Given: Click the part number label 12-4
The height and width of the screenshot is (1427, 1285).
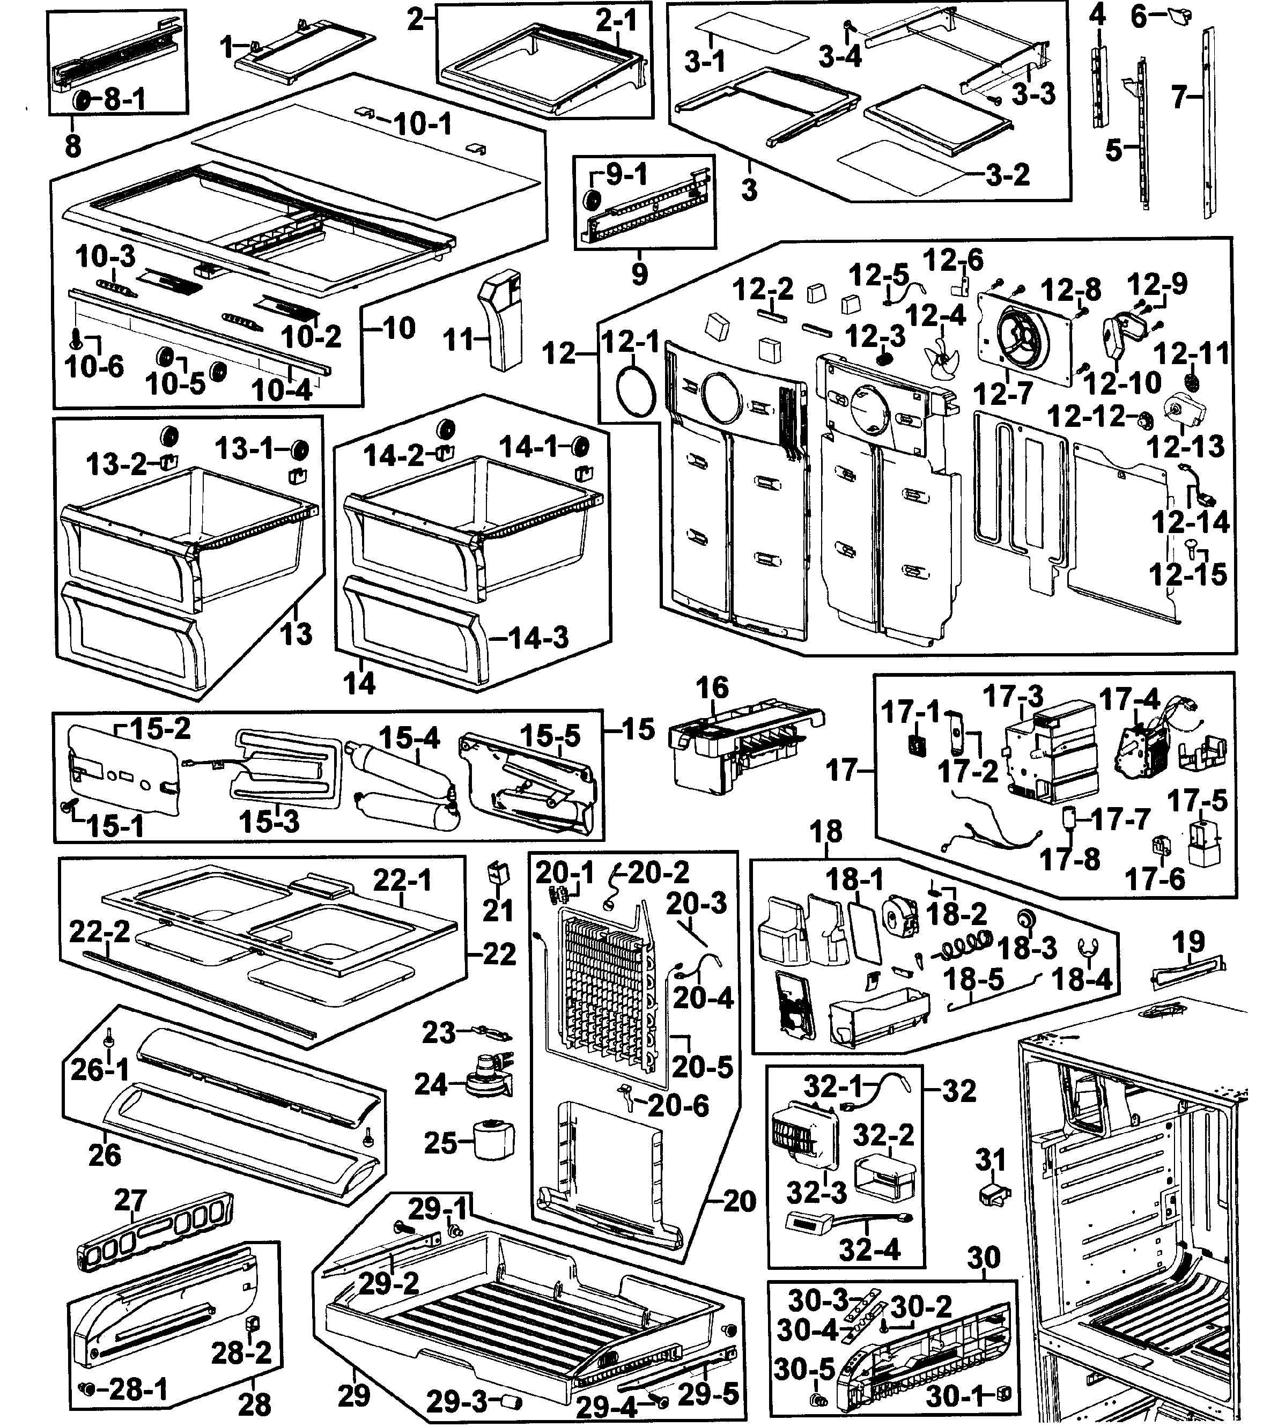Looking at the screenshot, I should click(x=935, y=316).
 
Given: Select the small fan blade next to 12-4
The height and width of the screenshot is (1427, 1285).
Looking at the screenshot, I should click(x=942, y=361).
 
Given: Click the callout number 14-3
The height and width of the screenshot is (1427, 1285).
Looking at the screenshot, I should click(x=538, y=638).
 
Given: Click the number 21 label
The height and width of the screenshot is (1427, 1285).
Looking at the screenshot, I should click(x=497, y=911).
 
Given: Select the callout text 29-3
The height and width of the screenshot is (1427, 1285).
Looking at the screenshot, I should click(x=456, y=1400).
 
